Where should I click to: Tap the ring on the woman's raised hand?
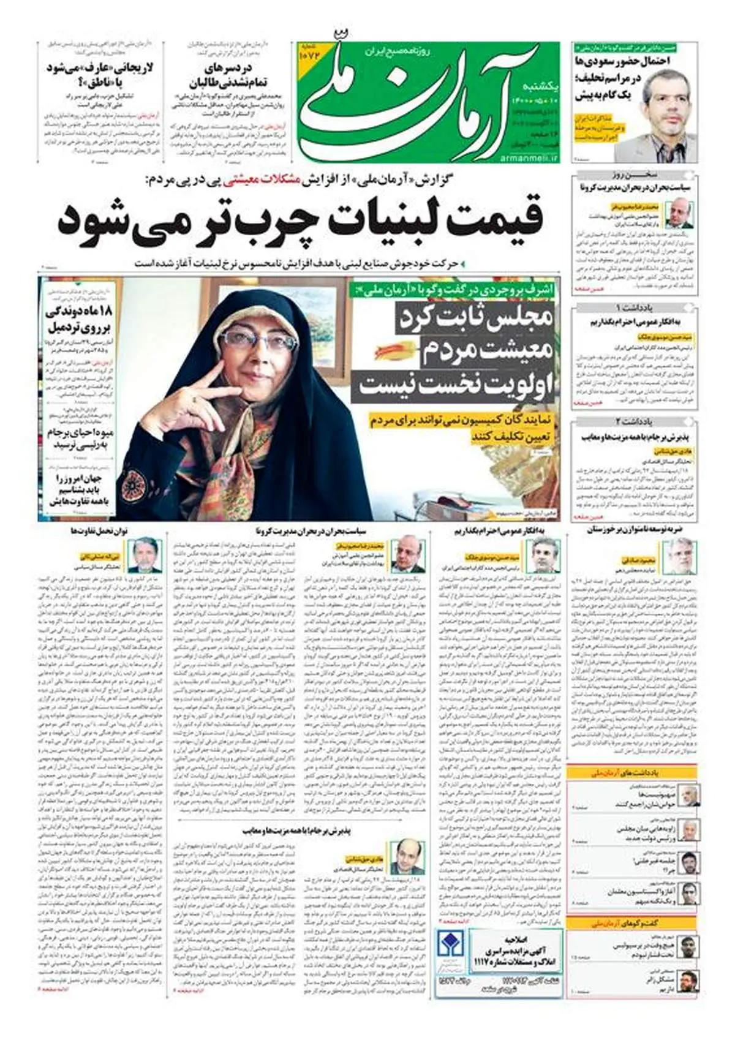[195, 399]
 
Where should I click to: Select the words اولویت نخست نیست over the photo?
[456, 384]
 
